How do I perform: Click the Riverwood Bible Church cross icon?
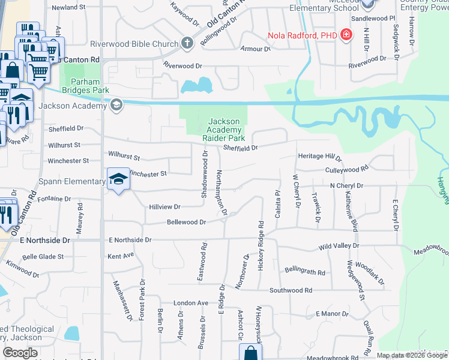[187, 43]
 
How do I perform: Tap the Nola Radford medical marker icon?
[346, 35]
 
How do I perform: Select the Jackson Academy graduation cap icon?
[116, 106]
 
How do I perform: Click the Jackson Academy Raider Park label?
[224, 130]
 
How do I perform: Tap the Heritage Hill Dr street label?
[319, 157]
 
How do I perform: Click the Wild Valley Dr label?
[339, 246]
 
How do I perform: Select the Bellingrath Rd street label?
[305, 272]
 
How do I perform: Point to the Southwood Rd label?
[291, 290]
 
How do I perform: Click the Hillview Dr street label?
[164, 206]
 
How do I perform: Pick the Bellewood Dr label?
[186, 222]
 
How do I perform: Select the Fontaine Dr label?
[54, 199]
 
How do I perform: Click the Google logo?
[20, 353]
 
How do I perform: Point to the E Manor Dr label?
[332, 314]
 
